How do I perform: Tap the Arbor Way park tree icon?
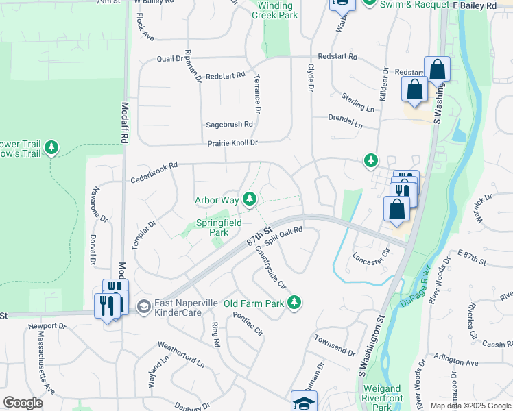click(250, 199)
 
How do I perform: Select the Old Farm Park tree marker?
click(294, 301)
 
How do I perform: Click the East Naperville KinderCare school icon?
click(143, 306)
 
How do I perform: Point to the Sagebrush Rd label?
click(230, 125)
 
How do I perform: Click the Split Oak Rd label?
click(283, 236)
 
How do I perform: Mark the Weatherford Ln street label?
click(181, 351)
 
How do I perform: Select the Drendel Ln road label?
click(344, 121)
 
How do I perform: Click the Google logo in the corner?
click(23, 403)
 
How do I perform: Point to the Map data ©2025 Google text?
click(471, 406)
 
